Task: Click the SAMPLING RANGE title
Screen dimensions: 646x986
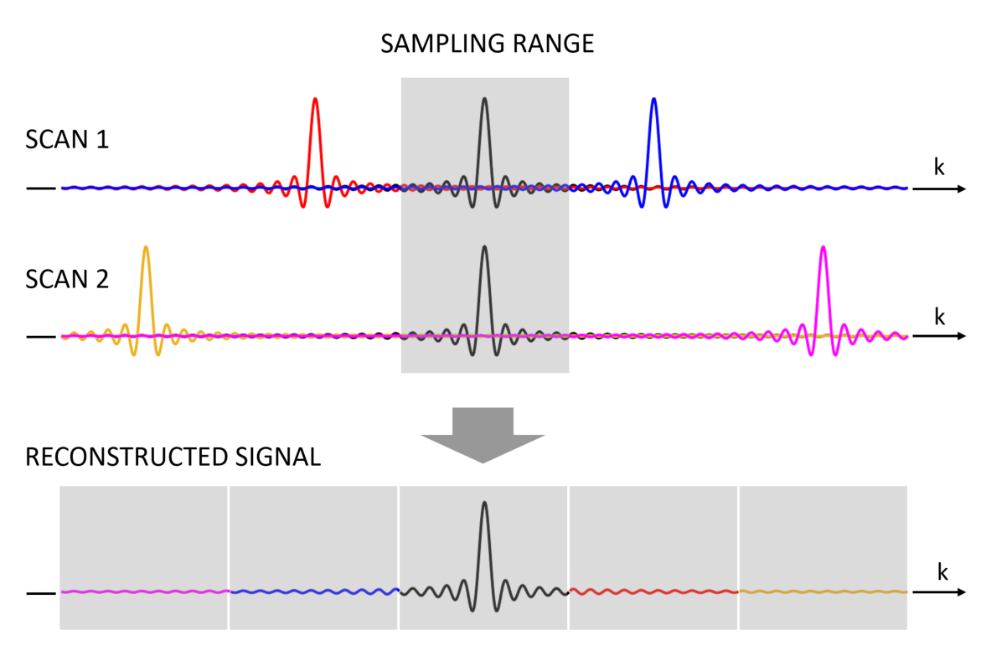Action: tap(487, 44)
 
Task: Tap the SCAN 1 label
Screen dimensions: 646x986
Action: tap(67, 139)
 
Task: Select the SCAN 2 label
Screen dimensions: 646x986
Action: tap(67, 279)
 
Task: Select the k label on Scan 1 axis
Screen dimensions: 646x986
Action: tap(940, 168)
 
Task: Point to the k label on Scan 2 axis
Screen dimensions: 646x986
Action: tap(940, 316)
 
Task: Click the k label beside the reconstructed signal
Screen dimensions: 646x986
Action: tap(943, 573)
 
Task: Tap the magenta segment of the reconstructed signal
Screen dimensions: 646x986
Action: tap(144, 592)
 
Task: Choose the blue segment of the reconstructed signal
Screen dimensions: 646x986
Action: tap(313, 592)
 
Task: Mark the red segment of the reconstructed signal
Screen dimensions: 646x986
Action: tap(653, 592)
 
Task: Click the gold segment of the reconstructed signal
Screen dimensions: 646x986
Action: tap(823, 592)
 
